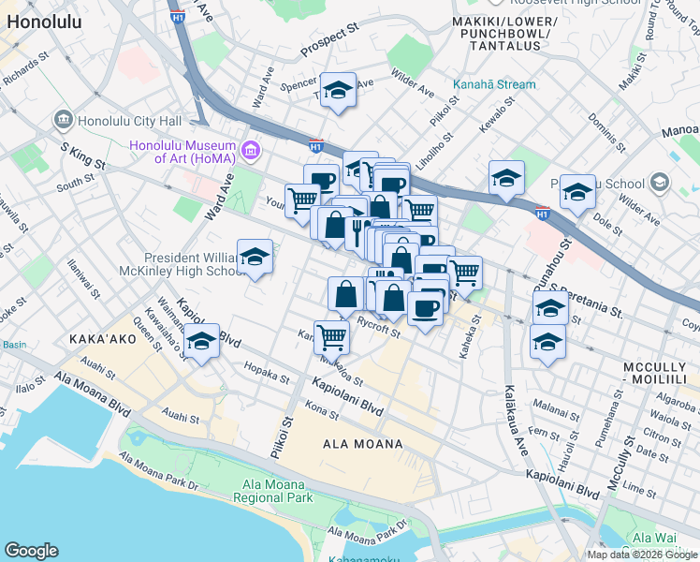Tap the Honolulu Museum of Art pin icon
(x=250, y=150)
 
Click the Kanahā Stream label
(x=494, y=84)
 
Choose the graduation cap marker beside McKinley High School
(x=255, y=258)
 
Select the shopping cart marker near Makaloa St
(x=331, y=335)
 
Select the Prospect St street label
(x=329, y=42)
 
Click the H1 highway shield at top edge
(x=178, y=16)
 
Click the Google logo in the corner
(x=31, y=552)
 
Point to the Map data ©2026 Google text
(x=641, y=555)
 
